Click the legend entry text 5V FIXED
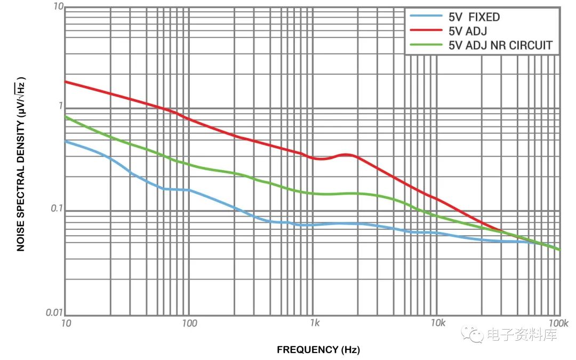[x=474, y=17]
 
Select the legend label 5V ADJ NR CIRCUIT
[x=500, y=45]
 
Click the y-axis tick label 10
[x=58, y=7]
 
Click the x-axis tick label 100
[x=189, y=324]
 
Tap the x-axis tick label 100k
[x=558, y=324]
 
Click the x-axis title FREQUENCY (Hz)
[x=318, y=350]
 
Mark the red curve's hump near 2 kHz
[x=347, y=155]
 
